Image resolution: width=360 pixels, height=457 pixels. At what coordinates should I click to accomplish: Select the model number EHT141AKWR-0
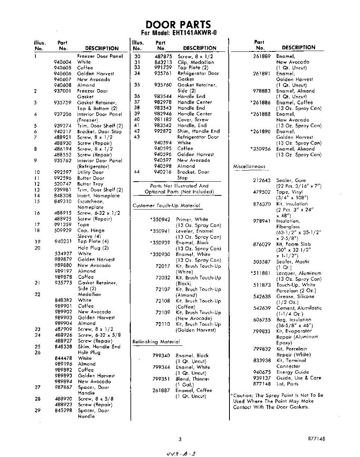(x=192, y=33)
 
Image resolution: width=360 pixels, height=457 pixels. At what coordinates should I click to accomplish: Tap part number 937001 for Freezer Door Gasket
(x=62, y=91)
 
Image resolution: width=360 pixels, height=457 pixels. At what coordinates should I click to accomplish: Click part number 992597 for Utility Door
(x=62, y=172)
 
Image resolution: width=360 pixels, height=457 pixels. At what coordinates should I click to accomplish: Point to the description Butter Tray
(x=90, y=184)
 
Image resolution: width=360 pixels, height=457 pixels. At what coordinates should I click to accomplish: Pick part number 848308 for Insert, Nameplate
(x=62, y=195)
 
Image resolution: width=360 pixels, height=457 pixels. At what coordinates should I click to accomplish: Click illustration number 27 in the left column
(x=37, y=387)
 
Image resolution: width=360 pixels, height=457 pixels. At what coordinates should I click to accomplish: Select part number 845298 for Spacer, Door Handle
(x=62, y=411)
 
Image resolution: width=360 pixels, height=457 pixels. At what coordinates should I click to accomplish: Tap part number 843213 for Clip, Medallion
(x=163, y=62)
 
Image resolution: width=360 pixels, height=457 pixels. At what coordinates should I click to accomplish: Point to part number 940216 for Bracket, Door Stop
(x=163, y=172)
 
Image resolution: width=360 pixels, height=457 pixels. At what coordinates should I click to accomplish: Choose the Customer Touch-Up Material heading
(x=166, y=206)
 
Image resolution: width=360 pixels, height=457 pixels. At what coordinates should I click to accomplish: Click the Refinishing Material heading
(x=156, y=342)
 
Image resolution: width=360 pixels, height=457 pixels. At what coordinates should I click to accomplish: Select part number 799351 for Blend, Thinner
(x=161, y=379)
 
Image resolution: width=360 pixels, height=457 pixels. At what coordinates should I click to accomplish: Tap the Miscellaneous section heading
(x=249, y=166)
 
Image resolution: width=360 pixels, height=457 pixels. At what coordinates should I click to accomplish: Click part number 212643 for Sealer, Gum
(x=262, y=181)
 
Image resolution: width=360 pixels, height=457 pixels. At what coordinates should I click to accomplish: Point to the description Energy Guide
(x=293, y=372)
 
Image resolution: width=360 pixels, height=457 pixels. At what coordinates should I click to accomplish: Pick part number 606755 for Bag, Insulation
(x=262, y=320)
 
